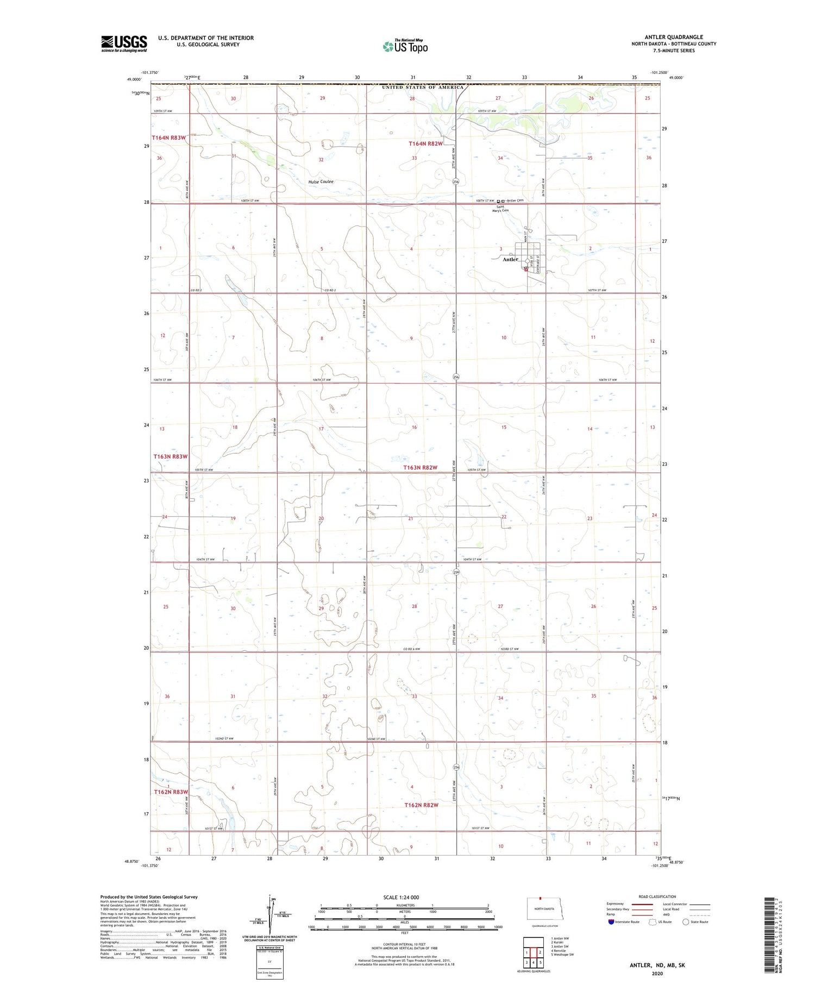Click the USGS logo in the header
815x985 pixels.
124,43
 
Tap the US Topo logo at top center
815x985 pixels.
405,47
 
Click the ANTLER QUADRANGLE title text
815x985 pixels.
674,37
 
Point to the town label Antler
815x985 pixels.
510,260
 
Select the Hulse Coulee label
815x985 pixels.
321,181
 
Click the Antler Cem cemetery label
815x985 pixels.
515,200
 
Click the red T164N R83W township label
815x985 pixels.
168,138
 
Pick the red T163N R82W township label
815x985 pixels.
420,467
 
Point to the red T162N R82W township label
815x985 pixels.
421,805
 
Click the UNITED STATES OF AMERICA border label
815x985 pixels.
423,87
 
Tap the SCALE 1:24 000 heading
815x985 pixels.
401,897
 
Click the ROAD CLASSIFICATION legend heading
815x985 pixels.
657,896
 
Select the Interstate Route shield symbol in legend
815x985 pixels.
611,922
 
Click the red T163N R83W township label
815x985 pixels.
170,456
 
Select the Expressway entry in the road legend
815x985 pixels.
616,904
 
